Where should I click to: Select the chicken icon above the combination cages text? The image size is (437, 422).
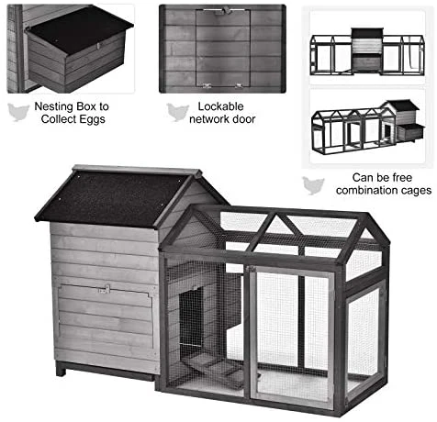pos(314,183)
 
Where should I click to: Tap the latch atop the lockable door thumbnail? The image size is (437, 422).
pos(220,11)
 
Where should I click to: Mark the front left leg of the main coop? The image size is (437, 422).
pos(62,368)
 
